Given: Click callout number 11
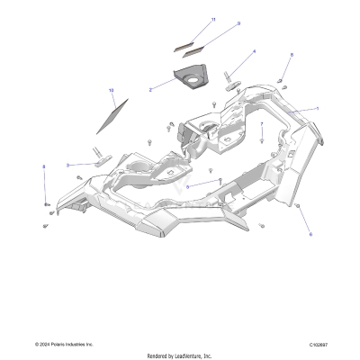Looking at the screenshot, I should click(213, 19).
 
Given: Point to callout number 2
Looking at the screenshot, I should click(150, 90).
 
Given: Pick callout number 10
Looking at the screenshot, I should click(112, 91).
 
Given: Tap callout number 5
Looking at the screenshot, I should click(187, 187).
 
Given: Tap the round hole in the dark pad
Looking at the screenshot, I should click(192, 82).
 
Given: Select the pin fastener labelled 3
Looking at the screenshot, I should click(102, 162).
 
